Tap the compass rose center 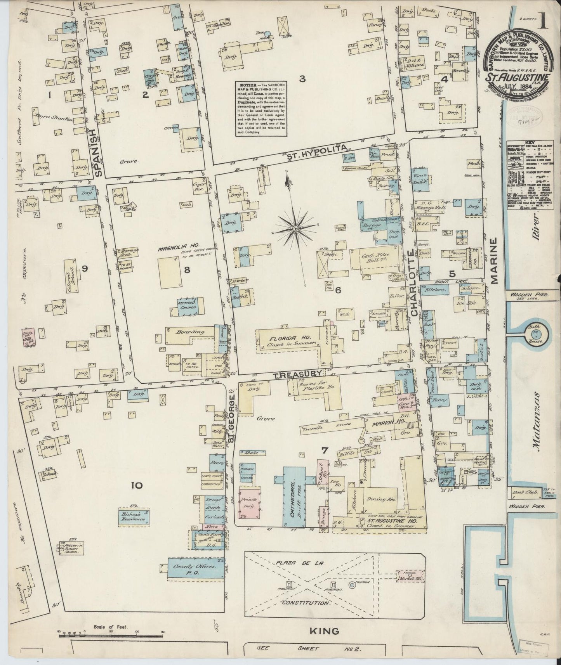pos(295,229)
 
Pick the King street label pos(325,631)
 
